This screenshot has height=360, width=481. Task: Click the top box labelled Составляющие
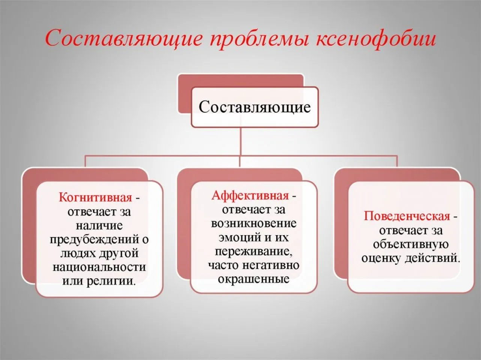(x=254, y=107)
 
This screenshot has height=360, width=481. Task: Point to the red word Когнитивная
(x=95, y=198)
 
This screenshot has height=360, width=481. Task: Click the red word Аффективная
(x=250, y=195)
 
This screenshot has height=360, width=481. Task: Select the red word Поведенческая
(x=407, y=216)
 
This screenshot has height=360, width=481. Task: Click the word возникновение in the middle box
(x=254, y=223)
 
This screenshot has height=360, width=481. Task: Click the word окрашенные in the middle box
(x=254, y=279)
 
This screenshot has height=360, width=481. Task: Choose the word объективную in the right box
(x=410, y=244)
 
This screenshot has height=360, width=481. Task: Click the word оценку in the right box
(x=381, y=258)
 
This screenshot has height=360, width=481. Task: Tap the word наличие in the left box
(x=99, y=225)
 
